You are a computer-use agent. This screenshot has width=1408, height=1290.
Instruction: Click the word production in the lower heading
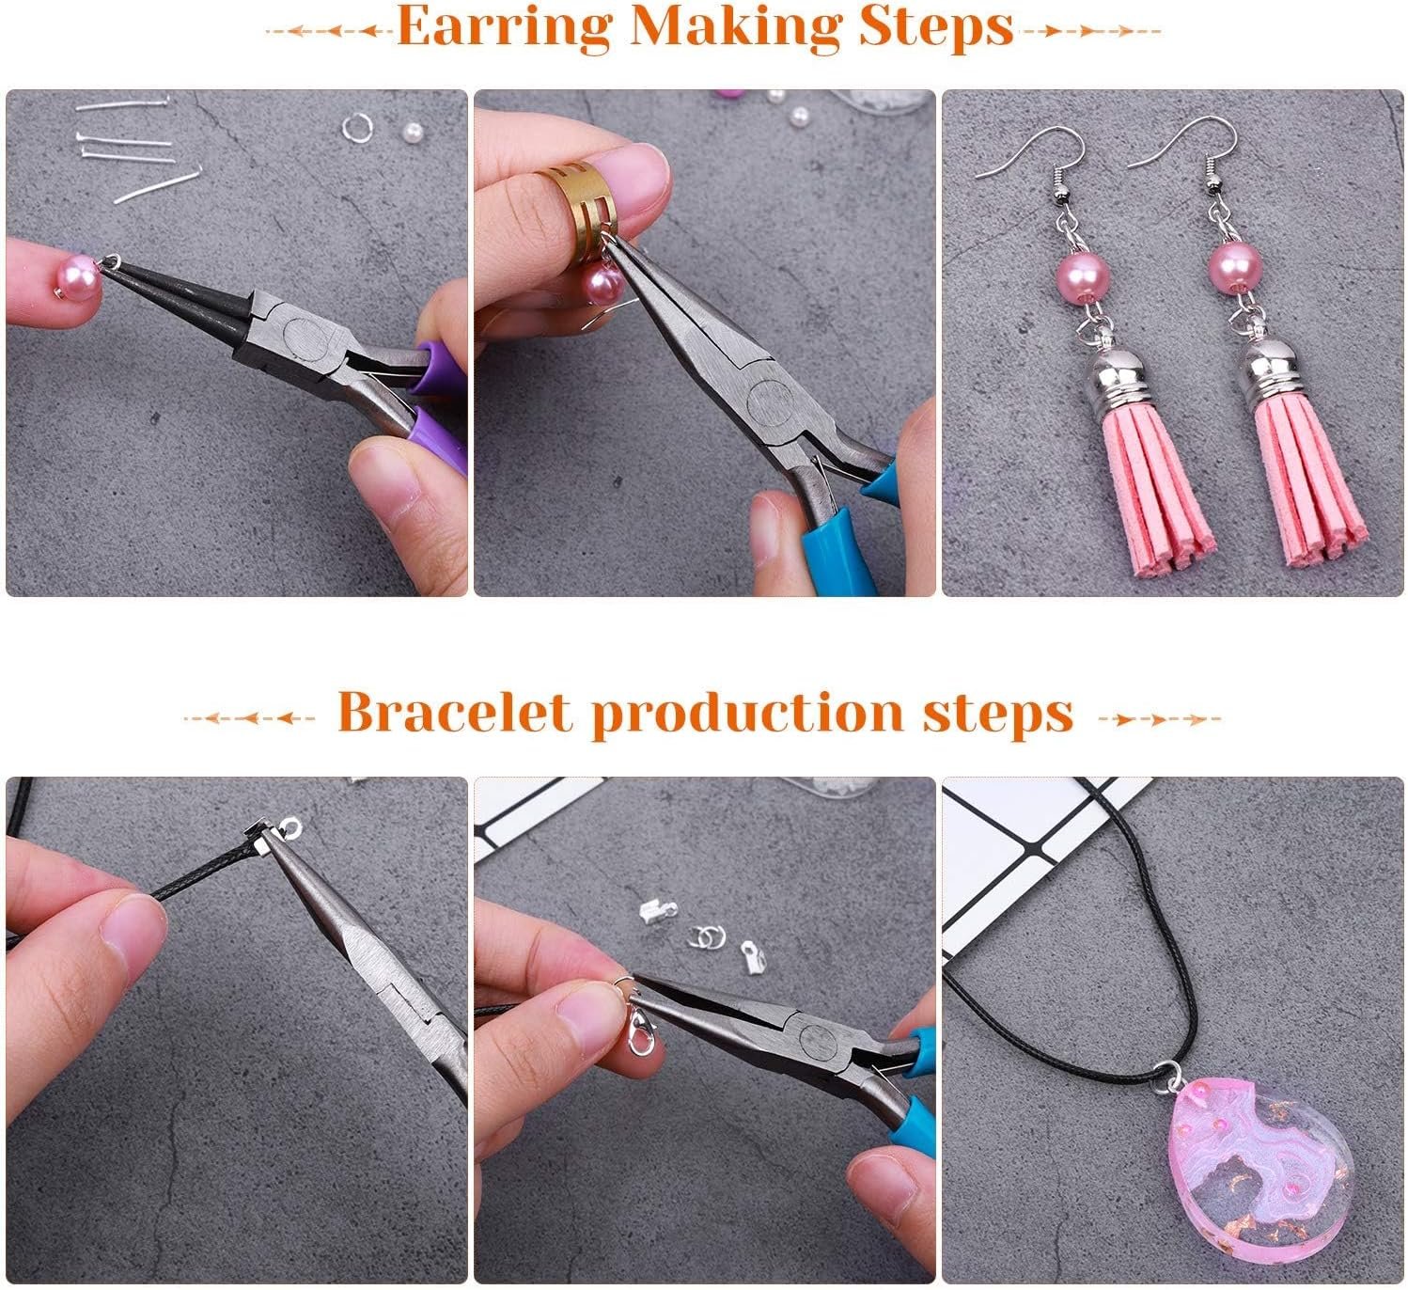click(747, 715)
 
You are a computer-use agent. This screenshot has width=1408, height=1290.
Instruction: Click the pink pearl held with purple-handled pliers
click(76, 278)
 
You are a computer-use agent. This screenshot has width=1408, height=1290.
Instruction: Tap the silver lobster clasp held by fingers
click(641, 1030)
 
